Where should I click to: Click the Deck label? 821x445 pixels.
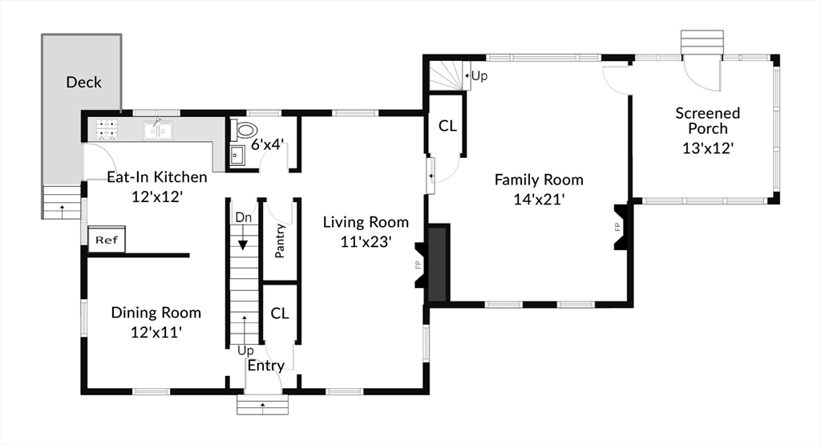click(83, 83)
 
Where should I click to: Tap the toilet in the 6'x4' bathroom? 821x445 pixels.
click(245, 129)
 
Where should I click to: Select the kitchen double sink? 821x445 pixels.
click(158, 129)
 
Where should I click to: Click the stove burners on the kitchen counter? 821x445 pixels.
click(107, 129)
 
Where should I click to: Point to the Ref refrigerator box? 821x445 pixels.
click(107, 240)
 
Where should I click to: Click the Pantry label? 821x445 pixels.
click(280, 241)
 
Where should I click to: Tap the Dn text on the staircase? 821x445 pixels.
click(244, 217)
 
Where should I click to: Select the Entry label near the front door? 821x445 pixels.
click(266, 366)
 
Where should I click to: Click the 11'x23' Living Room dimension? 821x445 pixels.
click(366, 241)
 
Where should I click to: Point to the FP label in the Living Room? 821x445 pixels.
click(418, 265)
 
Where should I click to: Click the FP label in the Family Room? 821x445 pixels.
click(617, 227)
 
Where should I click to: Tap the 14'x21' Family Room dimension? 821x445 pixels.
click(539, 200)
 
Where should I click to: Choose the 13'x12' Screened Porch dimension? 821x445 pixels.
click(707, 148)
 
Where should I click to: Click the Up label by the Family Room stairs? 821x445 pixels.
click(479, 76)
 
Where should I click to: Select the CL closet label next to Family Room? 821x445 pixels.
click(447, 126)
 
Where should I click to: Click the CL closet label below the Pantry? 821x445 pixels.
click(280, 313)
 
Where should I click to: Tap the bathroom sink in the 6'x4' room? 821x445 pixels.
click(237, 156)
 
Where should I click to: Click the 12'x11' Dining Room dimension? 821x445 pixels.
click(156, 332)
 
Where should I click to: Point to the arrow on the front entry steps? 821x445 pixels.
click(262, 405)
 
